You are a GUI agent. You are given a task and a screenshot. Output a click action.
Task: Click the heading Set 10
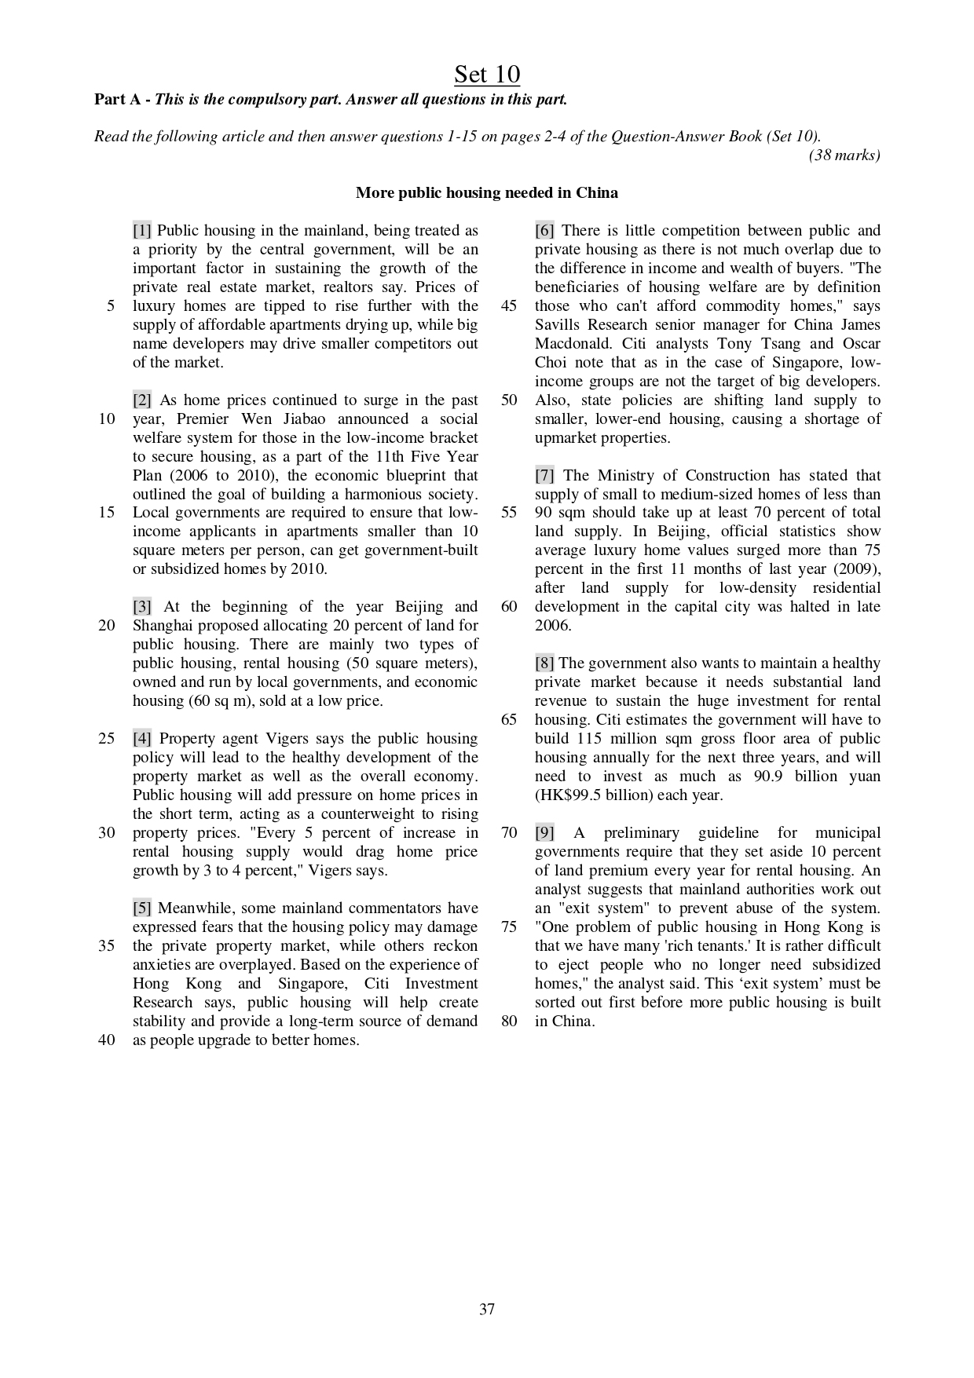click(487, 75)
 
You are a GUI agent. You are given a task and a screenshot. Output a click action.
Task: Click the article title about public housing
click(487, 192)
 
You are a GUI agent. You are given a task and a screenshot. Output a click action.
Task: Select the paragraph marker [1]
click(142, 231)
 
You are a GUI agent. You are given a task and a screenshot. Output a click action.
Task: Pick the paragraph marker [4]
click(142, 739)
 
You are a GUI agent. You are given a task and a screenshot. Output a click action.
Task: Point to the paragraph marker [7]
click(545, 476)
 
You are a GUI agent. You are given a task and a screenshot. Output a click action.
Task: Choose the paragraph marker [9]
click(545, 833)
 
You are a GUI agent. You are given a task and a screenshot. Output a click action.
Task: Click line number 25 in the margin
click(107, 739)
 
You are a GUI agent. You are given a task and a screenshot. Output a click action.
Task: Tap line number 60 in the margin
click(509, 607)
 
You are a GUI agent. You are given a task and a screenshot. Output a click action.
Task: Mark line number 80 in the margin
click(509, 1022)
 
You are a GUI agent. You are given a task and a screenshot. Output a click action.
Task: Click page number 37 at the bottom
click(487, 1309)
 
